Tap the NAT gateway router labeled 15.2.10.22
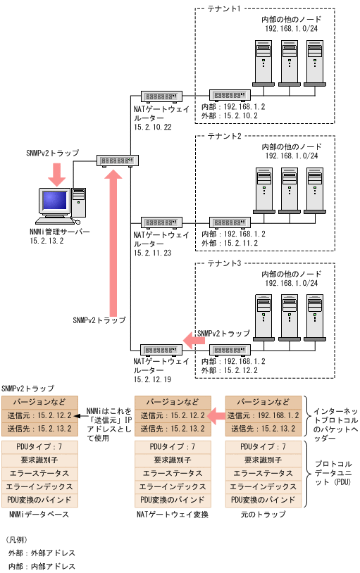161,94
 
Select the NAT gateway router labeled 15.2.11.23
161,221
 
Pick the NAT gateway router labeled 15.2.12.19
161,349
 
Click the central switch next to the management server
118,160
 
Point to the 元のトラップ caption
263,515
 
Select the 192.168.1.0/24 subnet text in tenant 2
292,156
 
